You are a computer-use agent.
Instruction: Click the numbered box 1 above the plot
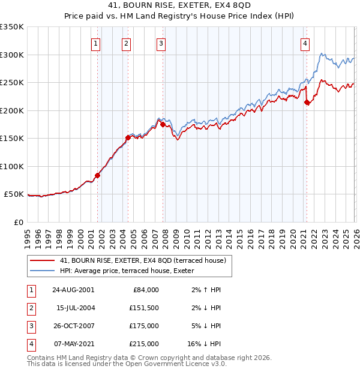coord(96,43)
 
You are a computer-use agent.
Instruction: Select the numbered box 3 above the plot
coord(161,43)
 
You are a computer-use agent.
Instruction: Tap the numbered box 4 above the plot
coord(305,43)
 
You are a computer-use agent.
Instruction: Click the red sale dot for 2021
coord(307,103)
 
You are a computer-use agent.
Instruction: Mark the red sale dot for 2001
coord(97,175)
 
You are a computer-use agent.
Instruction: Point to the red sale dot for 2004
coord(128,137)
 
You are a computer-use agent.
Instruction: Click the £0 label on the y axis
coord(18,222)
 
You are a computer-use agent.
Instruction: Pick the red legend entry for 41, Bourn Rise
coord(143,260)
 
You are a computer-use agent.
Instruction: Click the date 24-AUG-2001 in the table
coord(73,290)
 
